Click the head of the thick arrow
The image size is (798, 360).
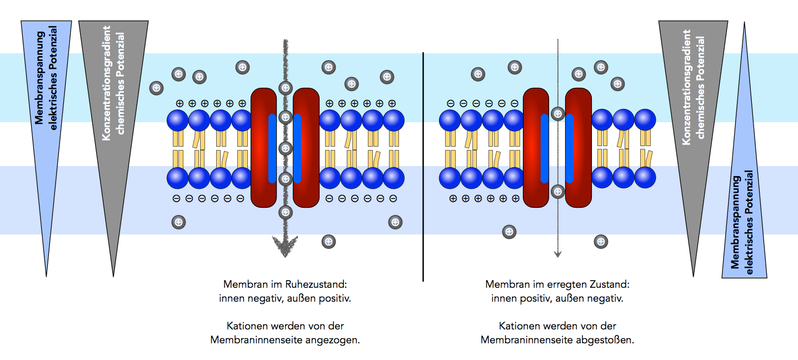click(x=285, y=248)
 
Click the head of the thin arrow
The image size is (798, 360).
click(x=558, y=254)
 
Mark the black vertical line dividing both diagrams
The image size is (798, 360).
click(x=423, y=167)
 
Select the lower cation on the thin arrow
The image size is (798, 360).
click(x=558, y=192)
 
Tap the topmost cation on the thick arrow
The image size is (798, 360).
click(x=286, y=87)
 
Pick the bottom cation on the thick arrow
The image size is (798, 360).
click(x=286, y=212)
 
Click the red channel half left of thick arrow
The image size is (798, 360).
click(x=264, y=148)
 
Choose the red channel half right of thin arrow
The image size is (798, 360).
click(x=578, y=148)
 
